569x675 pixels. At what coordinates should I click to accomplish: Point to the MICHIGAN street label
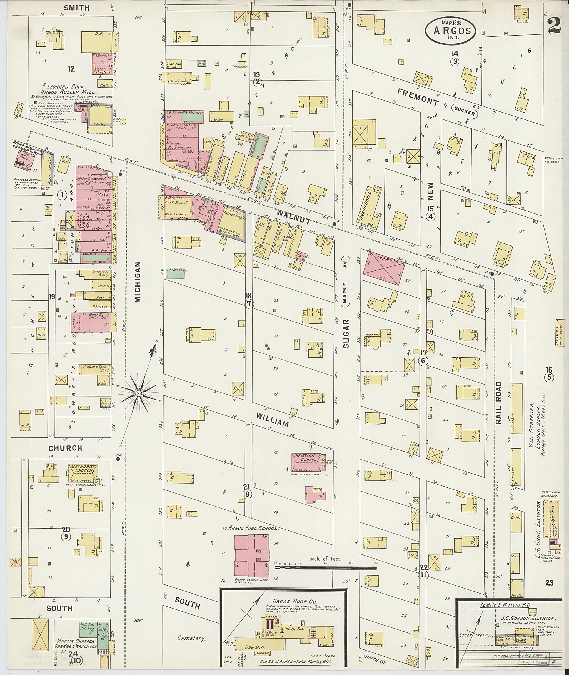[138, 282]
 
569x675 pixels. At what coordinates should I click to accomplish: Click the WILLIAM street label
[272, 419]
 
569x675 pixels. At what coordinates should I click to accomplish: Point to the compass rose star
[139, 393]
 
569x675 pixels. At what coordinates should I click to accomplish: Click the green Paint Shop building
[175, 273]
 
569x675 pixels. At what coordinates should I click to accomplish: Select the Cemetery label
[192, 638]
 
